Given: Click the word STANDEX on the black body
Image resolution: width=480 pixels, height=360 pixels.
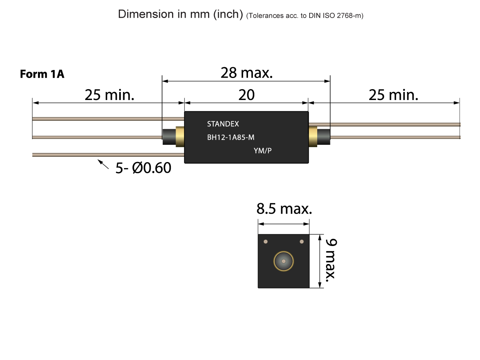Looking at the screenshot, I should click(223, 124).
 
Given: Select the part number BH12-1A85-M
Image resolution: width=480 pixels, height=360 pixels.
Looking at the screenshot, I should click(231, 138).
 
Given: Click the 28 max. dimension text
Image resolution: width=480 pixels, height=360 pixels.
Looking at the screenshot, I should click(246, 73).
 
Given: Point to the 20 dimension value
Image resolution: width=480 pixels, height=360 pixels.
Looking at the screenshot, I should click(246, 95).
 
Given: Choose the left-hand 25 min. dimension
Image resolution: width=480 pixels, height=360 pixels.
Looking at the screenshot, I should click(109, 95).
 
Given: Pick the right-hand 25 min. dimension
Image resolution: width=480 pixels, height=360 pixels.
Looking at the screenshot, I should click(393, 95).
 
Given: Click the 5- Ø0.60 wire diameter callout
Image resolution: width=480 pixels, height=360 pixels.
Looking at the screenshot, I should click(143, 168).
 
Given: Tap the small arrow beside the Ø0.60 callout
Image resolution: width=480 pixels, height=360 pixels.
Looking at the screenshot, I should click(103, 164).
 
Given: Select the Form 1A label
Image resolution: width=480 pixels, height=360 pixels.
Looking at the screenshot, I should click(42, 74).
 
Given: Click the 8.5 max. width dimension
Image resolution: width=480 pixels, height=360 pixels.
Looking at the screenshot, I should click(284, 209).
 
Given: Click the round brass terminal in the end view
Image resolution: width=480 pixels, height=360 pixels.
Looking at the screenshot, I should click(284, 261).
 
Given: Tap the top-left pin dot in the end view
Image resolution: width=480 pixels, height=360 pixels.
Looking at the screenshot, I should click(265, 241).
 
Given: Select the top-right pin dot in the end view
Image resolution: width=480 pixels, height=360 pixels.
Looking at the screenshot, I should click(302, 241).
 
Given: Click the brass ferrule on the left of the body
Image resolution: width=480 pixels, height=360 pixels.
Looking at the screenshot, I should click(180, 137).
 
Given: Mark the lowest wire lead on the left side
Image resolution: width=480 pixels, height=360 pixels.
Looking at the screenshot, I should click(108, 154).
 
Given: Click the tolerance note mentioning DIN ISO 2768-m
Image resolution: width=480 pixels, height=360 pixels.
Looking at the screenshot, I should click(305, 16).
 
